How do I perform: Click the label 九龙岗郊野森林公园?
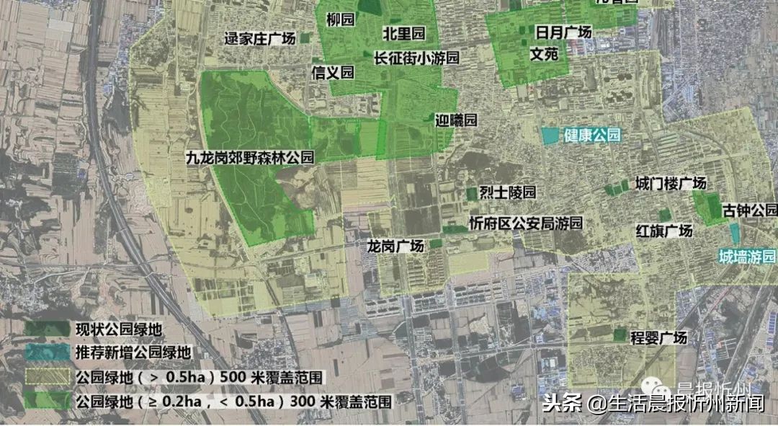(249, 156)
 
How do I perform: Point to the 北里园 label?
(404, 33)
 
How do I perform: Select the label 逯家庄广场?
(259, 40)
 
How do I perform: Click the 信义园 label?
(333, 72)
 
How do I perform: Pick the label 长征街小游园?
(416, 57)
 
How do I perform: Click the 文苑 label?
(544, 53)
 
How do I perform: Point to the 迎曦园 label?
(456, 120)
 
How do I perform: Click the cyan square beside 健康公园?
(550, 135)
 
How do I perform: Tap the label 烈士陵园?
(508, 192)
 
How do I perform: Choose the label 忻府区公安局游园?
(524, 223)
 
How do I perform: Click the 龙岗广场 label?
(395, 247)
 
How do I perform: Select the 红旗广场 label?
(663, 231)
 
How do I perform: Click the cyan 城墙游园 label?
(748, 257)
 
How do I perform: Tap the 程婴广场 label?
(658, 337)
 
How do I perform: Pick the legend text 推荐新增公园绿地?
(133, 353)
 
